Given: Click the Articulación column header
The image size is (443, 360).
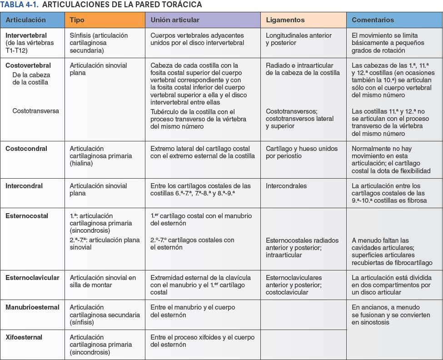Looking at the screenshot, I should coord(26,20).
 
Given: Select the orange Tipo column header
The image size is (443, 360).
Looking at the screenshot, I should coord(78,20).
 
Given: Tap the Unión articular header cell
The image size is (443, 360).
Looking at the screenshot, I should coord(175,20).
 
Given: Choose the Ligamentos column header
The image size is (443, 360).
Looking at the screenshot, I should coord(285,20).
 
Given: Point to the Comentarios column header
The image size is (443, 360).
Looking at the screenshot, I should coord(373,20).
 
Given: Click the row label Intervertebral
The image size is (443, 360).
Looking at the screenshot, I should coord(26,35).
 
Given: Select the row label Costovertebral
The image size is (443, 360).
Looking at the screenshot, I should coord(28,65).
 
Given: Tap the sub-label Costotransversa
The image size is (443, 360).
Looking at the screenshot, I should coord(35,111).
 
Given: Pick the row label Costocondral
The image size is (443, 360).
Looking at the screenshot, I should coord(26,149).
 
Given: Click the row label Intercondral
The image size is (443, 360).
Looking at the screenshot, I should coord(24,186).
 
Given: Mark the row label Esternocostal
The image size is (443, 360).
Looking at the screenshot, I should coord(27,216).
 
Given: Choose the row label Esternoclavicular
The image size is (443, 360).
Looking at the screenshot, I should coord(32,278).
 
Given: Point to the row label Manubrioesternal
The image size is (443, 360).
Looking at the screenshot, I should coord(32,307).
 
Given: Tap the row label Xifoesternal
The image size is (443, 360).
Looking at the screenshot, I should coord(24,337).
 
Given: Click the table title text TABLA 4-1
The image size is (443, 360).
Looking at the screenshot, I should coord(18,5).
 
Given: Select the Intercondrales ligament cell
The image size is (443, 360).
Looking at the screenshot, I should coord(286,186).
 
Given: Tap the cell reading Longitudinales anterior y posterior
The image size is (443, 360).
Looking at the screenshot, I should coord(299,39).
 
